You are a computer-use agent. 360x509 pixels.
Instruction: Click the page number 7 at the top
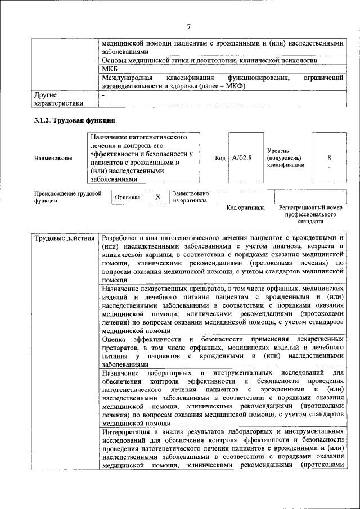point(189,26)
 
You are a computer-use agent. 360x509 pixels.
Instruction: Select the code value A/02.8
point(242,158)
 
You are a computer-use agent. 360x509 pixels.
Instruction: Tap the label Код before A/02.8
point(220,158)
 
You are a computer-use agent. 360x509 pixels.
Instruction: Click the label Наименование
point(53,159)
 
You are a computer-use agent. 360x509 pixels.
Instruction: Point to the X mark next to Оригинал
point(158,197)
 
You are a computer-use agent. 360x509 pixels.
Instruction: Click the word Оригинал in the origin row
point(128,197)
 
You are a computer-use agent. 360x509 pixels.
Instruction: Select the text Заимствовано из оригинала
point(191,197)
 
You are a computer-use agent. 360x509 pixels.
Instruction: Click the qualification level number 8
point(329,158)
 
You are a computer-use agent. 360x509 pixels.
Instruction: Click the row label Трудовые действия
point(64,238)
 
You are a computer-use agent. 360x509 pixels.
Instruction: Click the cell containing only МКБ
point(110,69)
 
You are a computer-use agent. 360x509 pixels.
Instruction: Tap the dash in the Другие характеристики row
point(103,95)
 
